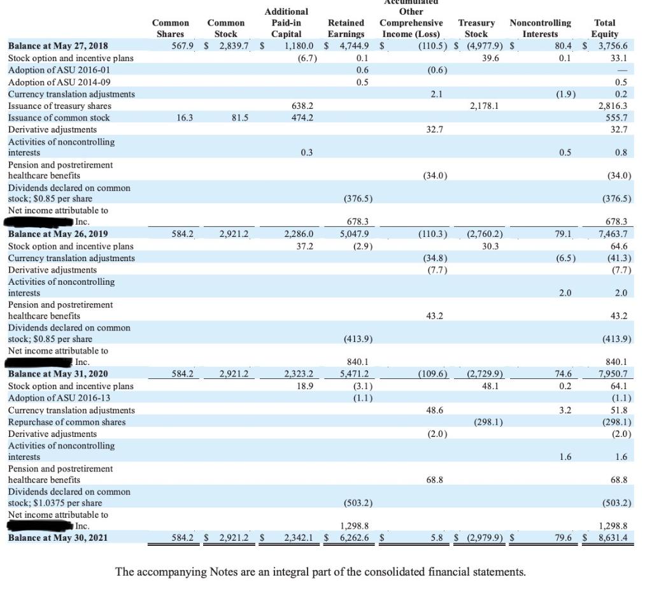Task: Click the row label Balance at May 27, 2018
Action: point(58,46)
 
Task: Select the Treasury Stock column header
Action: point(476,28)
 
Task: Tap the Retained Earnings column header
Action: point(346,28)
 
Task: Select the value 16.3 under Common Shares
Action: point(184,118)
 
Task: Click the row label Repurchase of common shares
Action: point(67,422)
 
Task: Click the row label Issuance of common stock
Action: point(59,118)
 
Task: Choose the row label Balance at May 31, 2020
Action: point(58,375)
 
